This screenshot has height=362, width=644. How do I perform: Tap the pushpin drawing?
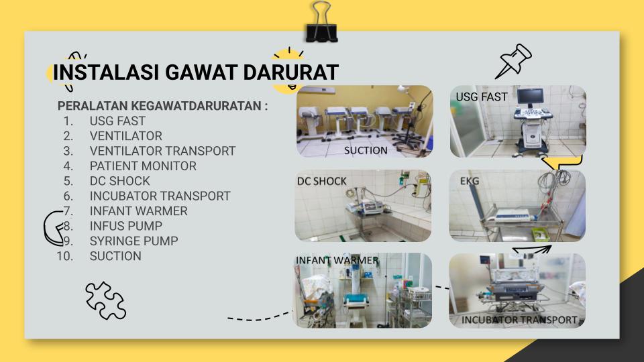tap(515, 61)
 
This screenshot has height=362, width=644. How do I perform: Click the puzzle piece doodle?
tap(105, 300)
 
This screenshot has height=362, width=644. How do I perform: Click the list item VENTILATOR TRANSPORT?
tap(162, 151)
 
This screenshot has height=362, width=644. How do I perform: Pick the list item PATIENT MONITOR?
tap(143, 166)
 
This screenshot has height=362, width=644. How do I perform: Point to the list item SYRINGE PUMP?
tap(134, 241)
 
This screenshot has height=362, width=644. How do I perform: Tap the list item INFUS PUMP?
tap(125, 226)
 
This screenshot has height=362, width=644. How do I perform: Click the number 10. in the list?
tap(64, 256)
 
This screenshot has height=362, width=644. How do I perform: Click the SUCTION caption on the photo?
tap(366, 151)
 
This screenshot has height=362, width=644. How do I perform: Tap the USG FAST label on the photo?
tap(482, 97)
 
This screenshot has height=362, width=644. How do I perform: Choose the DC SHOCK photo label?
tap(321, 181)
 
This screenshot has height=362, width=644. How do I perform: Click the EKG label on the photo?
tap(470, 181)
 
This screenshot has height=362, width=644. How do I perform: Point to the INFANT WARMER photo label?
tap(337, 260)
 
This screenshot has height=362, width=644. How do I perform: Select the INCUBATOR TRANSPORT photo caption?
tap(519, 320)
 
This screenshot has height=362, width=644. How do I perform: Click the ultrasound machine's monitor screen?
tap(530, 96)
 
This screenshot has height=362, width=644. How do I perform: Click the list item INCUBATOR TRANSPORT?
tap(160, 196)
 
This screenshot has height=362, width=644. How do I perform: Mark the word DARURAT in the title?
tap(290, 72)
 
